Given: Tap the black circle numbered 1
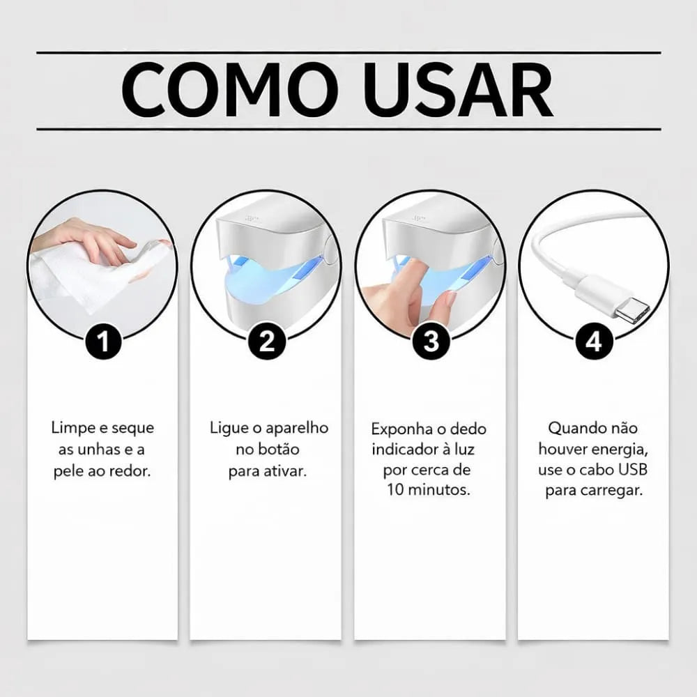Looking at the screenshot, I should pyautogui.click(x=104, y=342).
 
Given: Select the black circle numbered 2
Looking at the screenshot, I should pyautogui.click(x=267, y=342).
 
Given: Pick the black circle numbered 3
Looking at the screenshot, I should pyautogui.click(x=431, y=342).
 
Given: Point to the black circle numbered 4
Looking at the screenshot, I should pyautogui.click(x=594, y=342).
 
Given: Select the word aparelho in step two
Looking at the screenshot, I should pyautogui.click(x=296, y=428).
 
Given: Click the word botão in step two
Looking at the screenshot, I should pyautogui.click(x=280, y=450).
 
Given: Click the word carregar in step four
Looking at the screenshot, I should pyautogui.click(x=611, y=491).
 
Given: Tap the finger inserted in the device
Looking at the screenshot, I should pyautogui.click(x=408, y=279).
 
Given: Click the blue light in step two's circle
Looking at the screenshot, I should pyautogui.click(x=265, y=279).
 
